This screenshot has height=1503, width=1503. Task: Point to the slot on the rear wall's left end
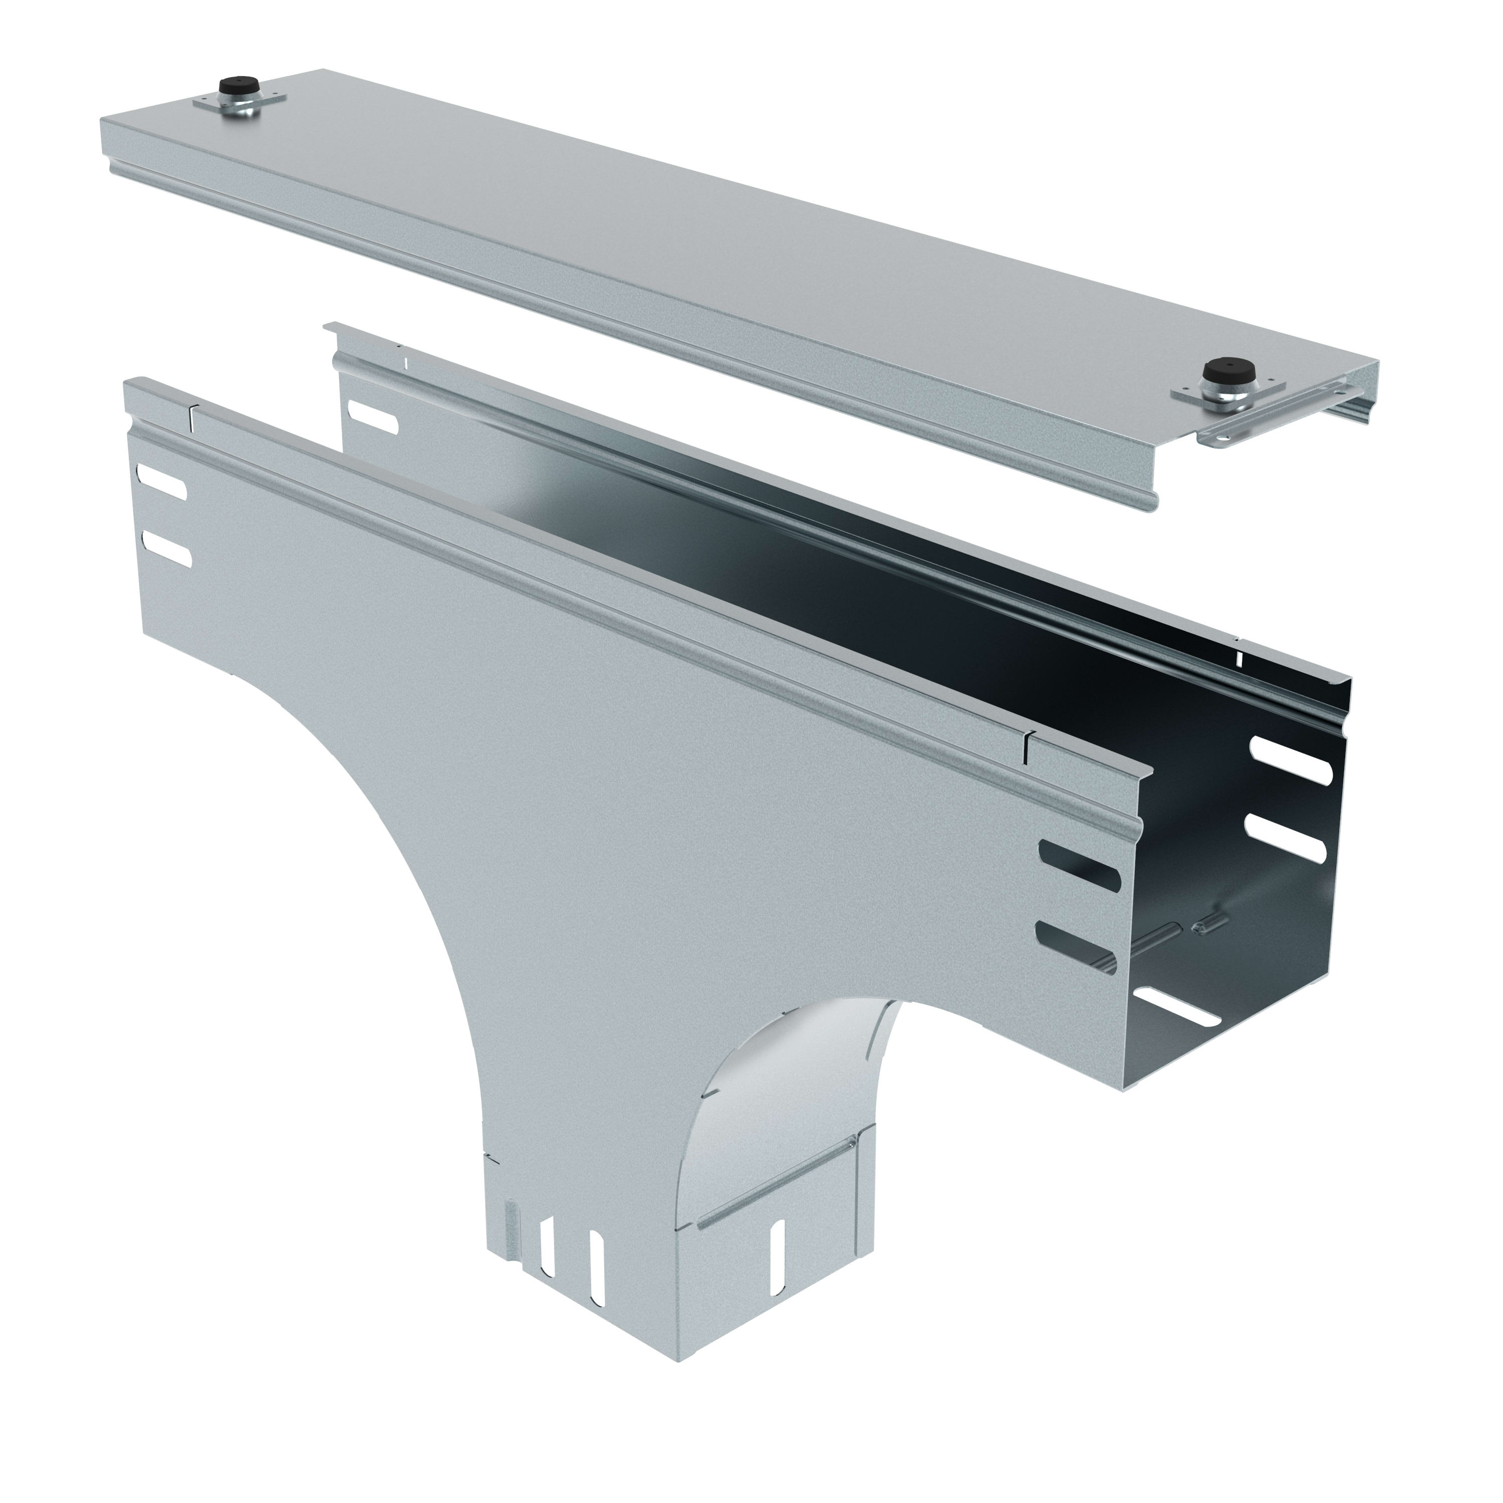373,416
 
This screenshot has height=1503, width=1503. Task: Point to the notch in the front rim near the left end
193,418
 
